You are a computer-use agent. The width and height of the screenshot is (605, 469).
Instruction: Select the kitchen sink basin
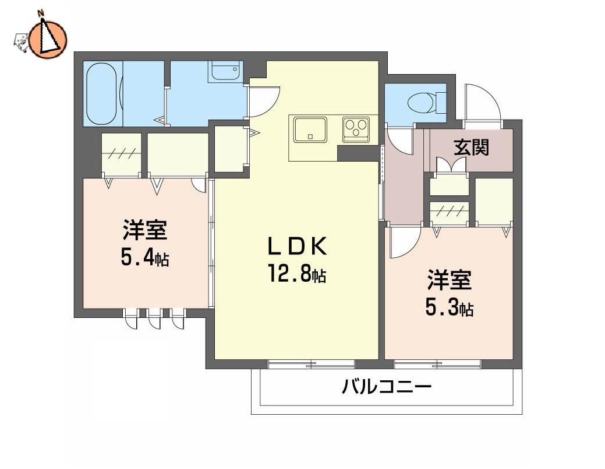310,129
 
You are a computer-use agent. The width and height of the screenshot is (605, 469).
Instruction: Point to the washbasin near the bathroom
226,71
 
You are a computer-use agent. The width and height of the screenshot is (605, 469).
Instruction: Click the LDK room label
298,246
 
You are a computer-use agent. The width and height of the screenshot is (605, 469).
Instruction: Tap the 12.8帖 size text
297,275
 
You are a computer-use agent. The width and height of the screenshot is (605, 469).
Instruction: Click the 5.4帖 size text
145,257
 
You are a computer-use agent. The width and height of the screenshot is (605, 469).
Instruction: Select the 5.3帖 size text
450,308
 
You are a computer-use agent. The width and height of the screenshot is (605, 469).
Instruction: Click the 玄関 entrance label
472,147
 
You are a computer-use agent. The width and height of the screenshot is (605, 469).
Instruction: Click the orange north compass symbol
48,38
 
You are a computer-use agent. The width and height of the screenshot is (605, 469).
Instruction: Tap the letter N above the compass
41,13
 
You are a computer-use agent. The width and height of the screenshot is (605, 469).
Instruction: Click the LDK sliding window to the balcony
312,363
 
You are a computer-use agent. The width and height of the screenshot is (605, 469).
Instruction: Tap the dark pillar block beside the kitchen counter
358,153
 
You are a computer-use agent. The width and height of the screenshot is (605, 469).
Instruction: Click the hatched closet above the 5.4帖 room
121,155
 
